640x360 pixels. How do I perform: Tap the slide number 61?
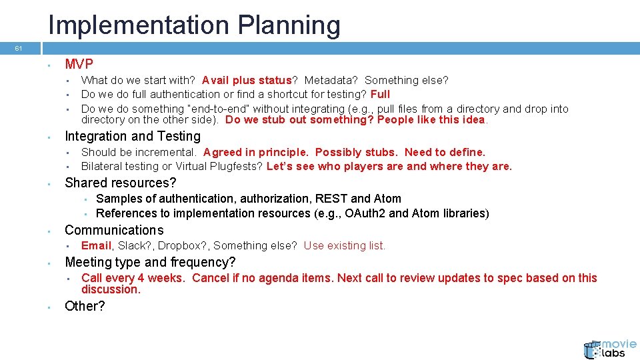click(19, 49)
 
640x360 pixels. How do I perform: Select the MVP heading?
click(79, 64)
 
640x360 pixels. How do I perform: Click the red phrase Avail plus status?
click(247, 80)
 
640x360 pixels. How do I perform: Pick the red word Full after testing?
click(380, 94)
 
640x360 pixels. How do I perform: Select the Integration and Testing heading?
click(132, 136)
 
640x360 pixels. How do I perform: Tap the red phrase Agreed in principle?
click(256, 152)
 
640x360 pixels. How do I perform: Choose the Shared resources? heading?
click(120, 183)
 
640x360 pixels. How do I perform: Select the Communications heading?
click(113, 230)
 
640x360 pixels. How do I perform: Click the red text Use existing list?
click(344, 245)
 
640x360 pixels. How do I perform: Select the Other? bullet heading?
click(85, 306)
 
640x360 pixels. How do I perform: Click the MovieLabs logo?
click(609, 348)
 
